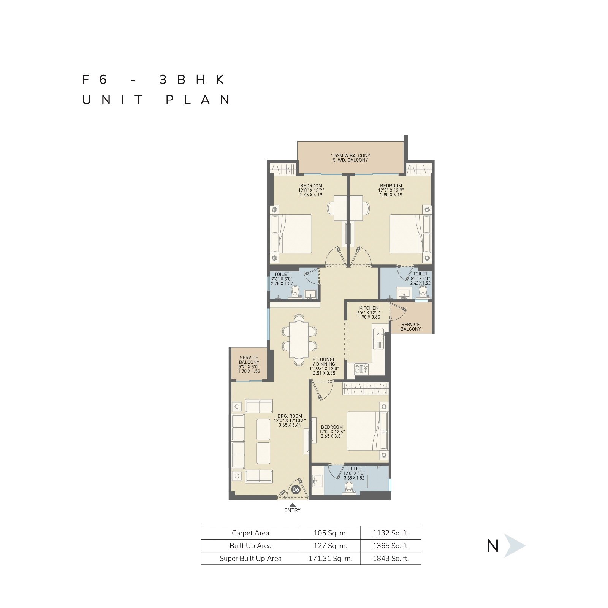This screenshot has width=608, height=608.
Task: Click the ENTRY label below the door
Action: click(292, 510)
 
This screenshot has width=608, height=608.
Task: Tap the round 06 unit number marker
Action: click(296, 490)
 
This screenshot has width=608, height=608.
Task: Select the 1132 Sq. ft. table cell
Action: click(391, 533)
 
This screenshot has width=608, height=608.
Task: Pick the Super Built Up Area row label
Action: click(250, 558)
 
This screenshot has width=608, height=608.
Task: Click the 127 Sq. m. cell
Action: click(330, 546)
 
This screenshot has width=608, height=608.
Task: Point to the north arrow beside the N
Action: click(514, 546)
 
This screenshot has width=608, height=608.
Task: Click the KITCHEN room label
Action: click(369, 308)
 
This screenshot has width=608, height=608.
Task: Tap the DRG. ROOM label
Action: click(290, 416)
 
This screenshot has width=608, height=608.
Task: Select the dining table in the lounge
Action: click(299, 339)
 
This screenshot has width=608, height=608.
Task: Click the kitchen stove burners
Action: click(361, 369)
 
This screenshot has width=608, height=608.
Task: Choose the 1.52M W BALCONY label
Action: click(350, 155)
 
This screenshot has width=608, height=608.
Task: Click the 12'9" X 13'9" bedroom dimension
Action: click(391, 190)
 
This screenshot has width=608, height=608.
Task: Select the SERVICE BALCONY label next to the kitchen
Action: click(410, 327)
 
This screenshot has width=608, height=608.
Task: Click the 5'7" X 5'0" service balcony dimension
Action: click(249, 367)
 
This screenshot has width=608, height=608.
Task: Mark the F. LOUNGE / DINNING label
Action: click(324, 361)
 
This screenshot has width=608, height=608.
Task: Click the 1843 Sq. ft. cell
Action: click(391, 558)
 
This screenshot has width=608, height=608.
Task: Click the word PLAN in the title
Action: click(198, 100)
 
